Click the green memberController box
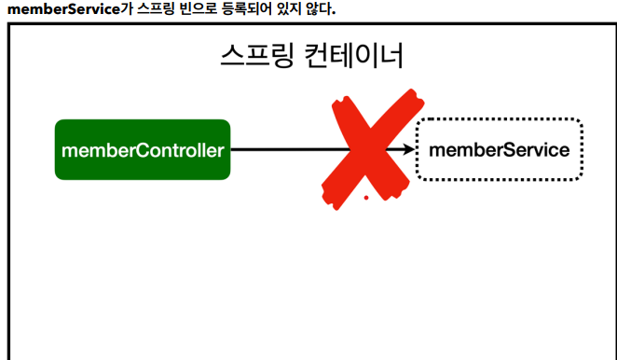[x=143, y=149]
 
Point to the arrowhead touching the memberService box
[x=410, y=149]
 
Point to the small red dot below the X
[x=367, y=198]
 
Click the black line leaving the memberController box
[x=280, y=149]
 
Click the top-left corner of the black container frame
[x=9, y=25]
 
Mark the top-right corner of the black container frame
[x=611, y=25]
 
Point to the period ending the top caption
[x=333, y=13]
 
